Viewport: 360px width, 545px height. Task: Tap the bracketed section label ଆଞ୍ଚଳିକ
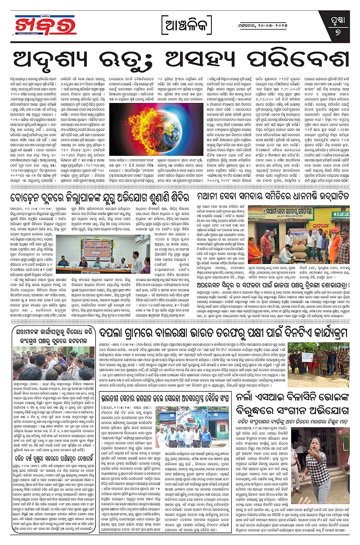pos(180,25)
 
